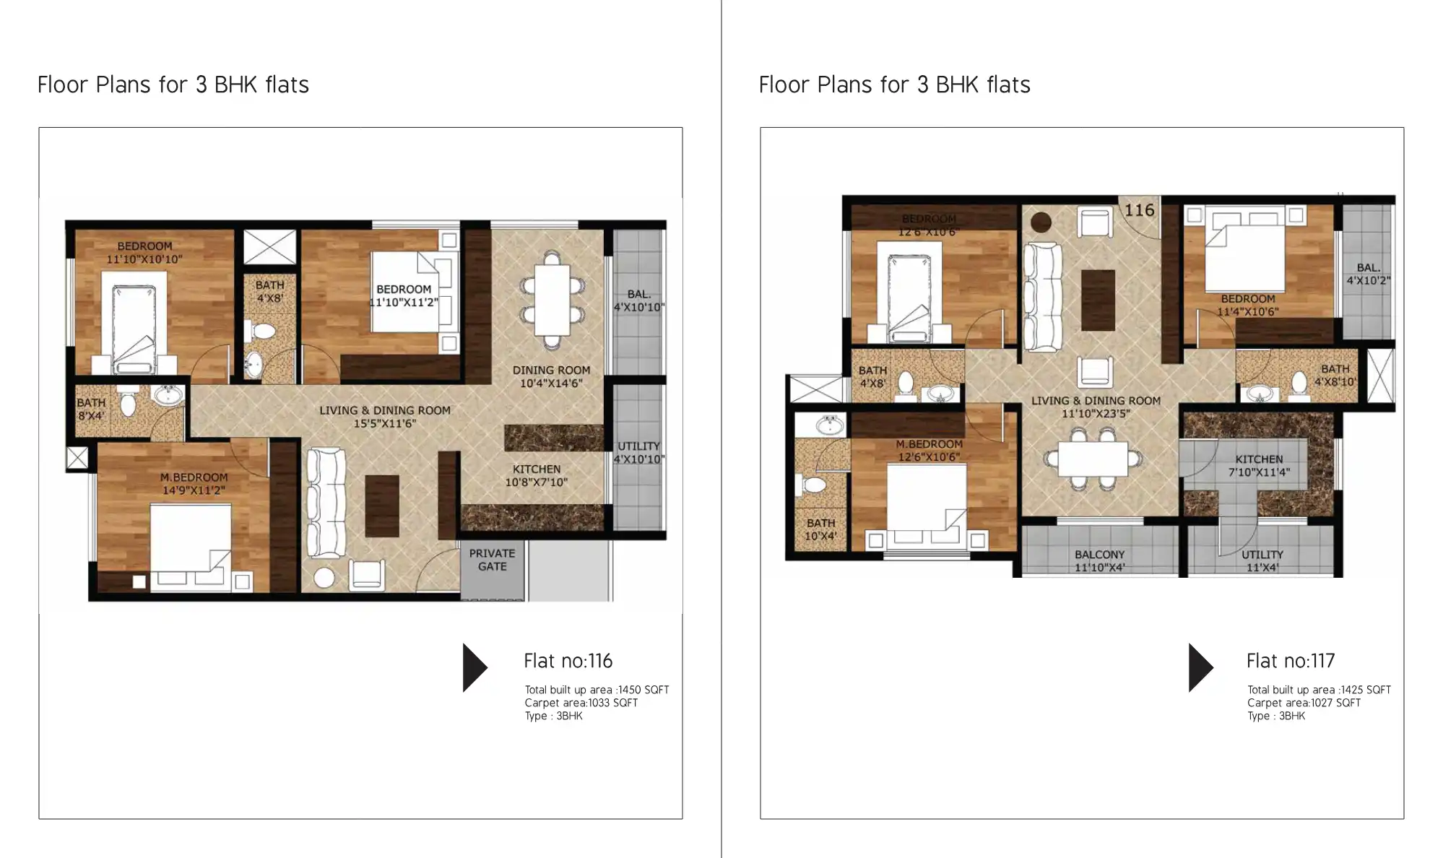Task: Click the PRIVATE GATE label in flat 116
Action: [x=492, y=560]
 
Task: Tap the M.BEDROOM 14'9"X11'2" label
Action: [x=194, y=484]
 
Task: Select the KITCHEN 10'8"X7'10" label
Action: [x=536, y=476]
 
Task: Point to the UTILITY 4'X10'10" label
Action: [x=638, y=453]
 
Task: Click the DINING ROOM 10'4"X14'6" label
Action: [x=551, y=376]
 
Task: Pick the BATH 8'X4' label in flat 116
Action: [x=91, y=409]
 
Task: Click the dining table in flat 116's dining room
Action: [x=552, y=300]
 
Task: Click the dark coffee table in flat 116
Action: [x=382, y=506]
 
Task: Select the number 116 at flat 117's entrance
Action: [x=1139, y=210]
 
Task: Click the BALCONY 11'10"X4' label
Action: [x=1099, y=561]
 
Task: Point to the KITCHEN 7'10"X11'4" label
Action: [x=1259, y=466]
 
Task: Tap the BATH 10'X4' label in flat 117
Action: [x=820, y=529]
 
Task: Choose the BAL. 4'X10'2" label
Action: [x=1368, y=274]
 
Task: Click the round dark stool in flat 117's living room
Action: [x=1041, y=222]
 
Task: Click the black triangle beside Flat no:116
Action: [x=474, y=667]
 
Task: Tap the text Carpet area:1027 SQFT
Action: [x=1304, y=703]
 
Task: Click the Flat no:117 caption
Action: [x=1290, y=661]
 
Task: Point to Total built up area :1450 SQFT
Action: [x=597, y=690]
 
